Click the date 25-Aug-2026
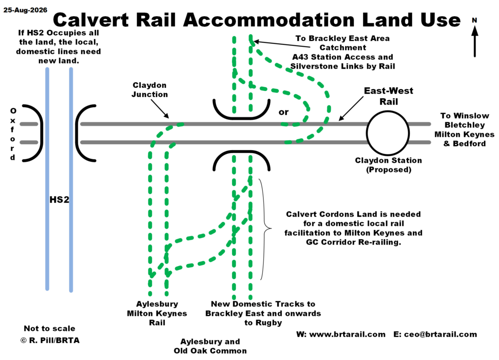[25, 10]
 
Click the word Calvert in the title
[91, 19]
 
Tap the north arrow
[475, 41]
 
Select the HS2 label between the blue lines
[59, 199]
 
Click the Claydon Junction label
[150, 90]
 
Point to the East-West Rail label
[388, 96]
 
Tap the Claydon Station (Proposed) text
[388, 165]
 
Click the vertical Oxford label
[13, 134]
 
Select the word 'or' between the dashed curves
[284, 112]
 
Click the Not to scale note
[50, 328]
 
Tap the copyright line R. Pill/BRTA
[50, 341]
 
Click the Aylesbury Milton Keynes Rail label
[157, 313]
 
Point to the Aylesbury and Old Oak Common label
[210, 346]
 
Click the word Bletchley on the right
[464, 125]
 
